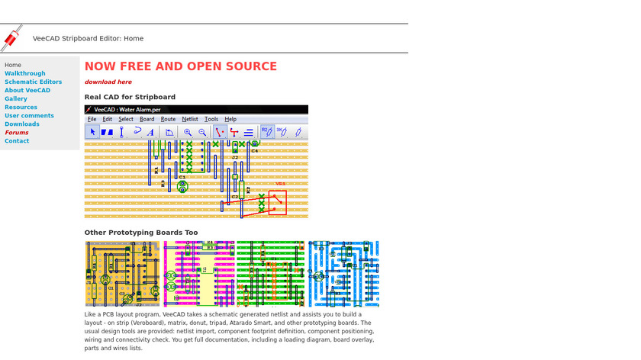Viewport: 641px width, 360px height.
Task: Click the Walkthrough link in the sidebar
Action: [25, 73]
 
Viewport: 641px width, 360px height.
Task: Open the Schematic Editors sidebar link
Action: [34, 82]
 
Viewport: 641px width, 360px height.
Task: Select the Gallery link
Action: [16, 98]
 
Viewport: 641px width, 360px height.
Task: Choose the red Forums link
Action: [17, 132]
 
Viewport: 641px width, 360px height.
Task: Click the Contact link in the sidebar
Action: [17, 140]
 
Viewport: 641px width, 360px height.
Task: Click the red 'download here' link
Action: [108, 82]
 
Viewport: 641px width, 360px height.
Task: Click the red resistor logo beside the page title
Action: [11, 37]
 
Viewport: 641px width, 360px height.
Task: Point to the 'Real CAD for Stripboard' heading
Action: [130, 97]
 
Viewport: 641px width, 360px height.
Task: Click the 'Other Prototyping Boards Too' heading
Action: [141, 232]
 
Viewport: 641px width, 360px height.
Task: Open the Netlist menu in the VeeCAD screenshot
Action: [190, 119]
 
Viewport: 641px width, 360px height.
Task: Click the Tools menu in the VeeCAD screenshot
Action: [211, 119]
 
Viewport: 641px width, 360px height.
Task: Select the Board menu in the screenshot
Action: [147, 119]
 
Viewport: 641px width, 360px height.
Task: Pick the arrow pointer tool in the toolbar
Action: [92, 132]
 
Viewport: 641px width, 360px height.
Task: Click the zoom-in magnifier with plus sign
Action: [188, 132]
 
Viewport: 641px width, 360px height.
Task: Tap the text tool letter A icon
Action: [150, 132]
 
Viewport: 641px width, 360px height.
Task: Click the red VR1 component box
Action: [277, 202]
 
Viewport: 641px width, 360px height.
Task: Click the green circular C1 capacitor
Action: [182, 185]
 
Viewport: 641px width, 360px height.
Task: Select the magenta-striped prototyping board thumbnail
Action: [199, 274]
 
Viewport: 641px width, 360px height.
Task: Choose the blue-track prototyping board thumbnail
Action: [343, 274]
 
